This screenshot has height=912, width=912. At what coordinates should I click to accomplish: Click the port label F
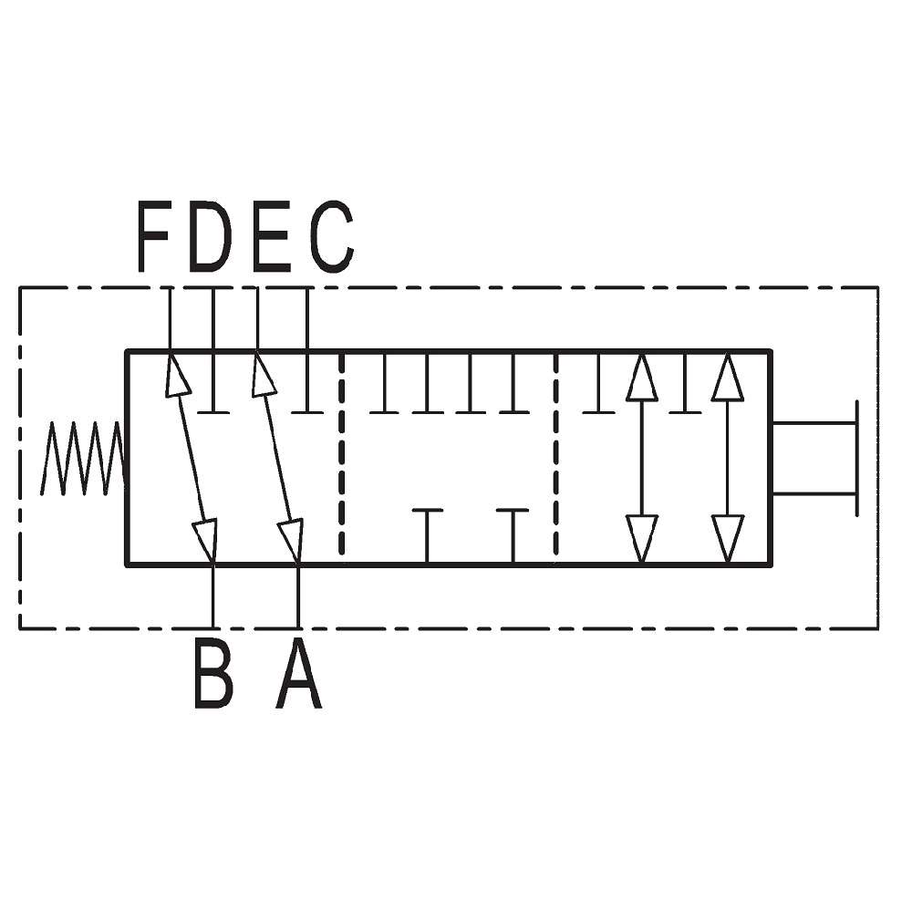(153, 236)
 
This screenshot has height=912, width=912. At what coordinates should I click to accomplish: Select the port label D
(211, 236)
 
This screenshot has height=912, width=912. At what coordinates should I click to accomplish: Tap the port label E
(272, 236)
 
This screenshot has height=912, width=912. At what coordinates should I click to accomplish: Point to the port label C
(332, 236)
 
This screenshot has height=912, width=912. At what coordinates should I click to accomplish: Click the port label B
(213, 673)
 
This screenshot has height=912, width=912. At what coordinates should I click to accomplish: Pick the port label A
(298, 673)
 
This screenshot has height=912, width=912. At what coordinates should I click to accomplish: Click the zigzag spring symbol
(84, 459)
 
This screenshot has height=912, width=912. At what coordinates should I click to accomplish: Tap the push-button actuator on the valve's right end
(815, 459)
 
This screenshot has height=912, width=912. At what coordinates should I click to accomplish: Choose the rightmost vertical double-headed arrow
(728, 458)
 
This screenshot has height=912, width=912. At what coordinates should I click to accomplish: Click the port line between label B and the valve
(213, 596)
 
